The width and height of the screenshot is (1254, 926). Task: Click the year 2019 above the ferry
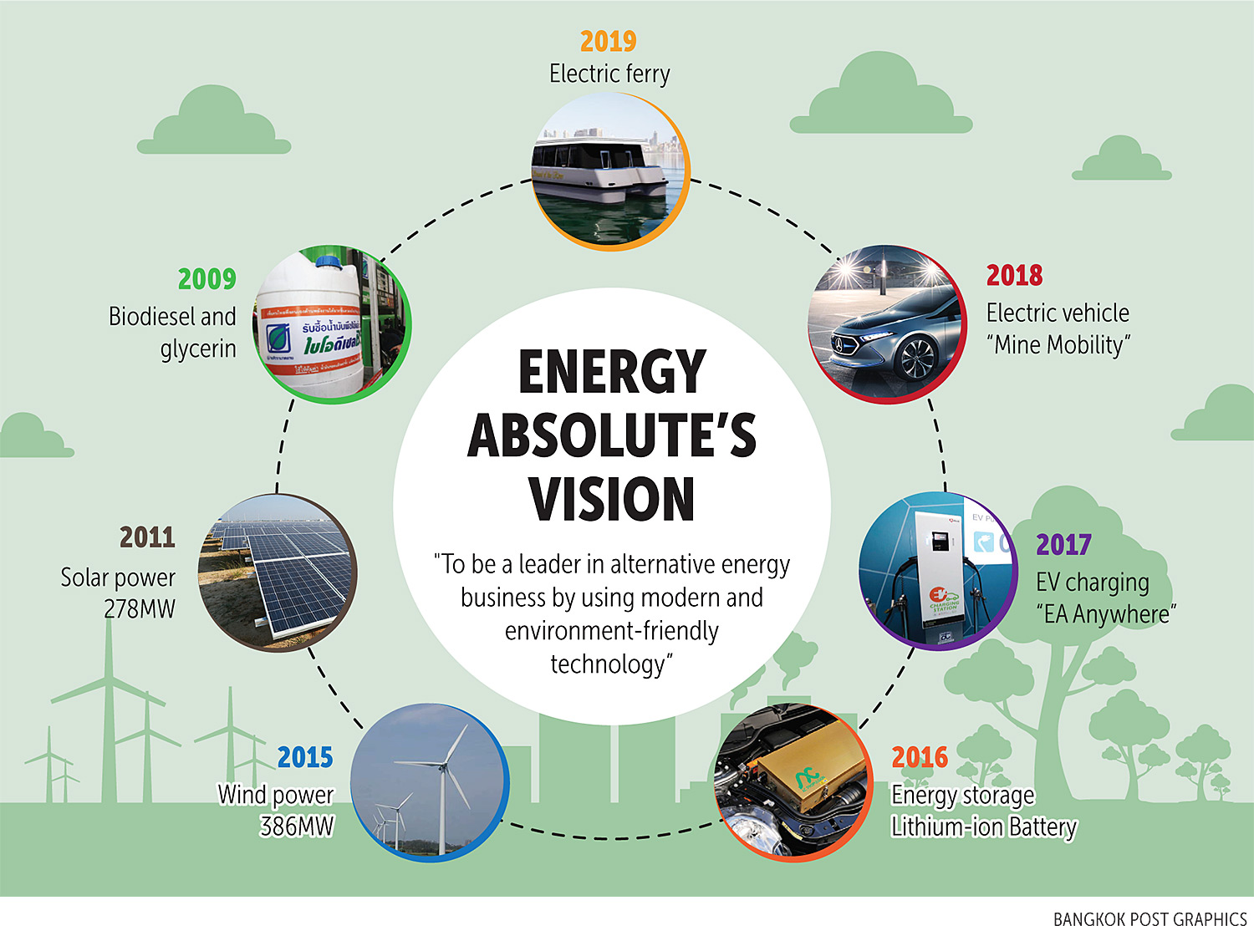[608, 41]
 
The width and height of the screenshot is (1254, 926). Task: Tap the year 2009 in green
[206, 279]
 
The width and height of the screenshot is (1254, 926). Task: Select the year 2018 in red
[1014, 275]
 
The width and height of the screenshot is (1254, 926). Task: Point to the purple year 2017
[1063, 545]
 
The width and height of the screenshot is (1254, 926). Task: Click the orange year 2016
[919, 757]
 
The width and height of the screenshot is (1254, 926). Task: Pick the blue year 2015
[305, 757]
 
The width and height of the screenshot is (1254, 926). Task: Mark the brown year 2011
[147, 537]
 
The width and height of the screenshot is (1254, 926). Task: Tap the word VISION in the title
[612, 499]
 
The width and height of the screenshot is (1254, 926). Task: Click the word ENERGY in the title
[612, 372]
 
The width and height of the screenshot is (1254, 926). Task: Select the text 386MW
[297, 827]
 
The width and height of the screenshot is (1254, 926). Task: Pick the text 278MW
[140, 609]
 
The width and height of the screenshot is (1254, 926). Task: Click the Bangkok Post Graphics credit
[1149, 918]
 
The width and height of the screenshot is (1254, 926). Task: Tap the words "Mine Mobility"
[1059, 345]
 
